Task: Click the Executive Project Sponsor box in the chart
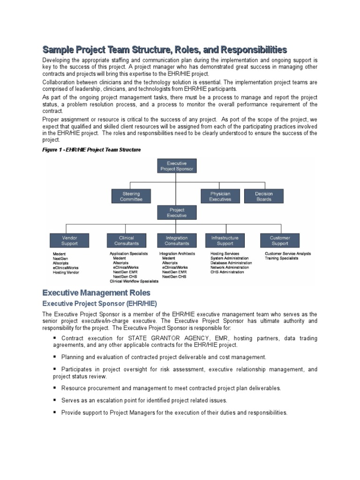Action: pyautogui.click(x=176, y=165)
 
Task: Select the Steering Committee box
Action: pyautogui.click(x=131, y=196)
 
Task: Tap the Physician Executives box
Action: pyautogui.click(x=220, y=196)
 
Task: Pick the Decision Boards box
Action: pyautogui.click(x=264, y=196)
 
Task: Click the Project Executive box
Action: pyautogui.click(x=176, y=213)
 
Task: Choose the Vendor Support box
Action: pyautogui.click(x=69, y=240)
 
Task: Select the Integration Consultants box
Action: pyautogui.click(x=177, y=240)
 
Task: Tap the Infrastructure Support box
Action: pyautogui.click(x=225, y=240)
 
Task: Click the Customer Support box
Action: pyautogui.click(x=280, y=240)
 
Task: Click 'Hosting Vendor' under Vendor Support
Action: pyautogui.click(x=66, y=272)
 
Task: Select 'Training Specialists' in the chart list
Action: pyautogui.click(x=281, y=258)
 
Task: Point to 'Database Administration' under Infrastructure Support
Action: pyautogui.click(x=231, y=263)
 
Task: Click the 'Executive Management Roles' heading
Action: pyautogui.click(x=96, y=293)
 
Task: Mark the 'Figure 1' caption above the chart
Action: pyautogui.click(x=91, y=150)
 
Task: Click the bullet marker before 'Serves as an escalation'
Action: pyautogui.click(x=55, y=400)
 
